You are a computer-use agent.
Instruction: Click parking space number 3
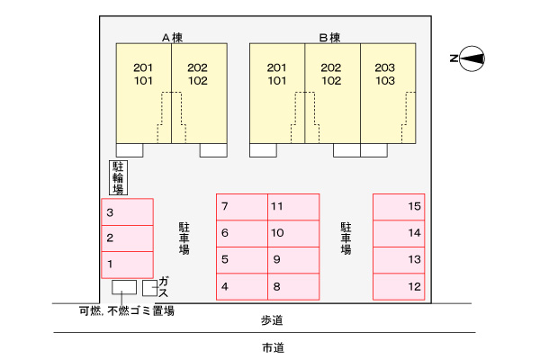127,211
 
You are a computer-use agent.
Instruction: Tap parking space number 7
242,207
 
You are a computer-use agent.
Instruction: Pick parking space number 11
293,207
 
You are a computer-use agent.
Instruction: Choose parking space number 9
293,260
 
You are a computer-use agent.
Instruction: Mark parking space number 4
242,286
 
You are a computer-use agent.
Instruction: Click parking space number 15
399,207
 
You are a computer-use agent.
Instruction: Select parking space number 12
399,286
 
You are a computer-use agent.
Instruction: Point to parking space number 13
399,260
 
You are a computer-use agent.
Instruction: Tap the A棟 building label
172,37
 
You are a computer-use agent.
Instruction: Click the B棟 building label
329,37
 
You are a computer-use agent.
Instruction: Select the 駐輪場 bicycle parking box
118,178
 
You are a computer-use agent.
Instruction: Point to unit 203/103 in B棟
388,93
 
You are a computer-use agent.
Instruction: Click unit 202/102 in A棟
199,93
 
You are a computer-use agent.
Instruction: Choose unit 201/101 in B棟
277,93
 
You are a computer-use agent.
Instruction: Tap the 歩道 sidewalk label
272,320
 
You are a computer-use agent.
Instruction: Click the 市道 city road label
273,348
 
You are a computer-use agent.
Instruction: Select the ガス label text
163,287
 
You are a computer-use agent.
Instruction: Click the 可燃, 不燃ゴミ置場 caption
127,310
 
